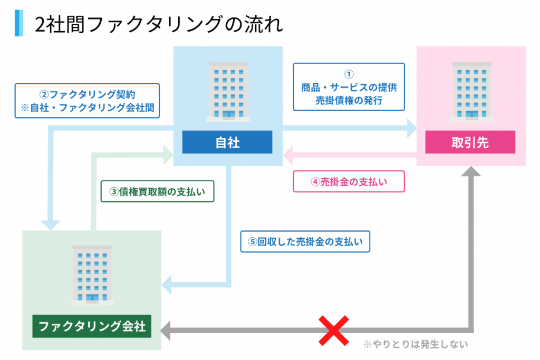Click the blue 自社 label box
[x=227, y=142]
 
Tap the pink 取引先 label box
[x=470, y=142]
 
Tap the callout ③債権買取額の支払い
[x=157, y=192]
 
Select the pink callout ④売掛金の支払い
[x=349, y=182]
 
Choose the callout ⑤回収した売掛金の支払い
[x=305, y=242]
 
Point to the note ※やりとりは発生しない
[x=415, y=345]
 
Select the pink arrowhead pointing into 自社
[x=290, y=154]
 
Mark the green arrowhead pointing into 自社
[x=168, y=154]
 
